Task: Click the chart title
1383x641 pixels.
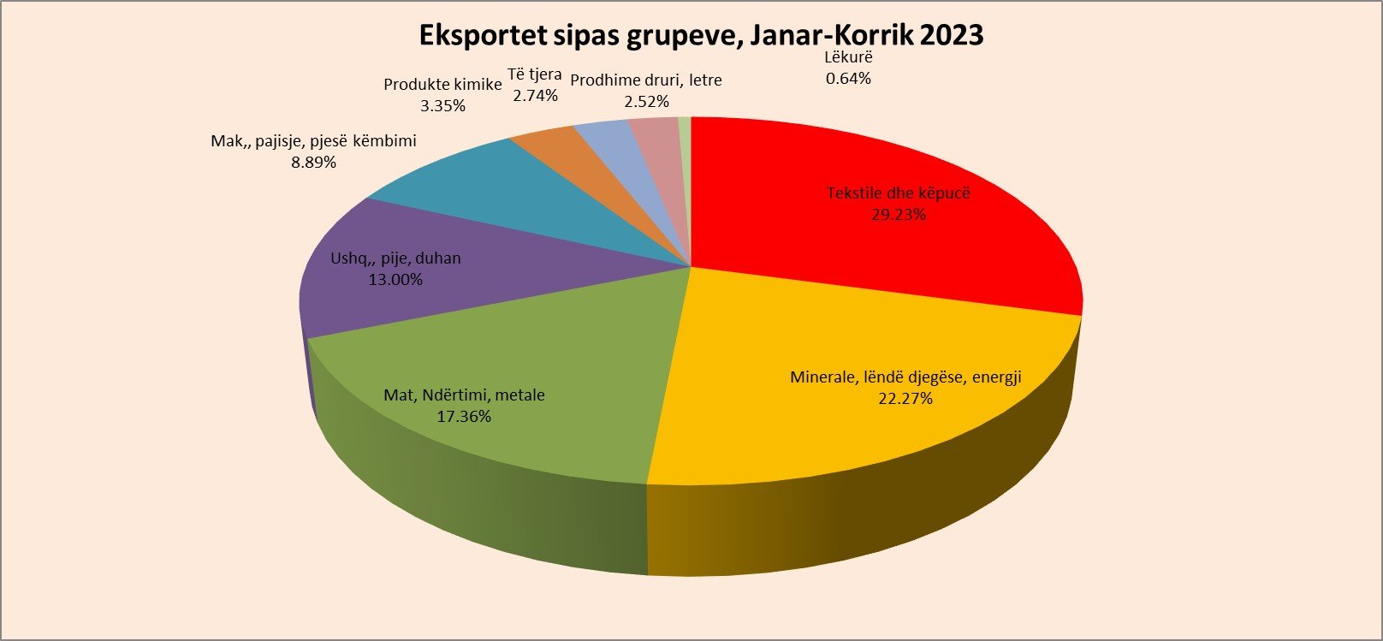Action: pos(700,35)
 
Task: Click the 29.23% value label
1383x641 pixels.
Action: pos(899,215)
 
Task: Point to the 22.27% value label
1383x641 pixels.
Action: pos(905,399)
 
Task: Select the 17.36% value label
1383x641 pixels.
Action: pos(464,417)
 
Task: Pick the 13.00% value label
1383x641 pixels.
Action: pos(395,280)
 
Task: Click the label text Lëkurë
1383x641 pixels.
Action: pos(848,58)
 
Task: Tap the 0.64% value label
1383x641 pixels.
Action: pos(848,79)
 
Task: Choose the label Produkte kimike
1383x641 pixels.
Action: pos(442,85)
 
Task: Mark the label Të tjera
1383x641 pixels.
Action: pos(535,74)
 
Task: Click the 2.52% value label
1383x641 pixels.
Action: pos(646,101)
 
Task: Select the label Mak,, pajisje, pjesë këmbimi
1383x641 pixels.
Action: pos(313,141)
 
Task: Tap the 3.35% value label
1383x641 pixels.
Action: pos(442,106)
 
